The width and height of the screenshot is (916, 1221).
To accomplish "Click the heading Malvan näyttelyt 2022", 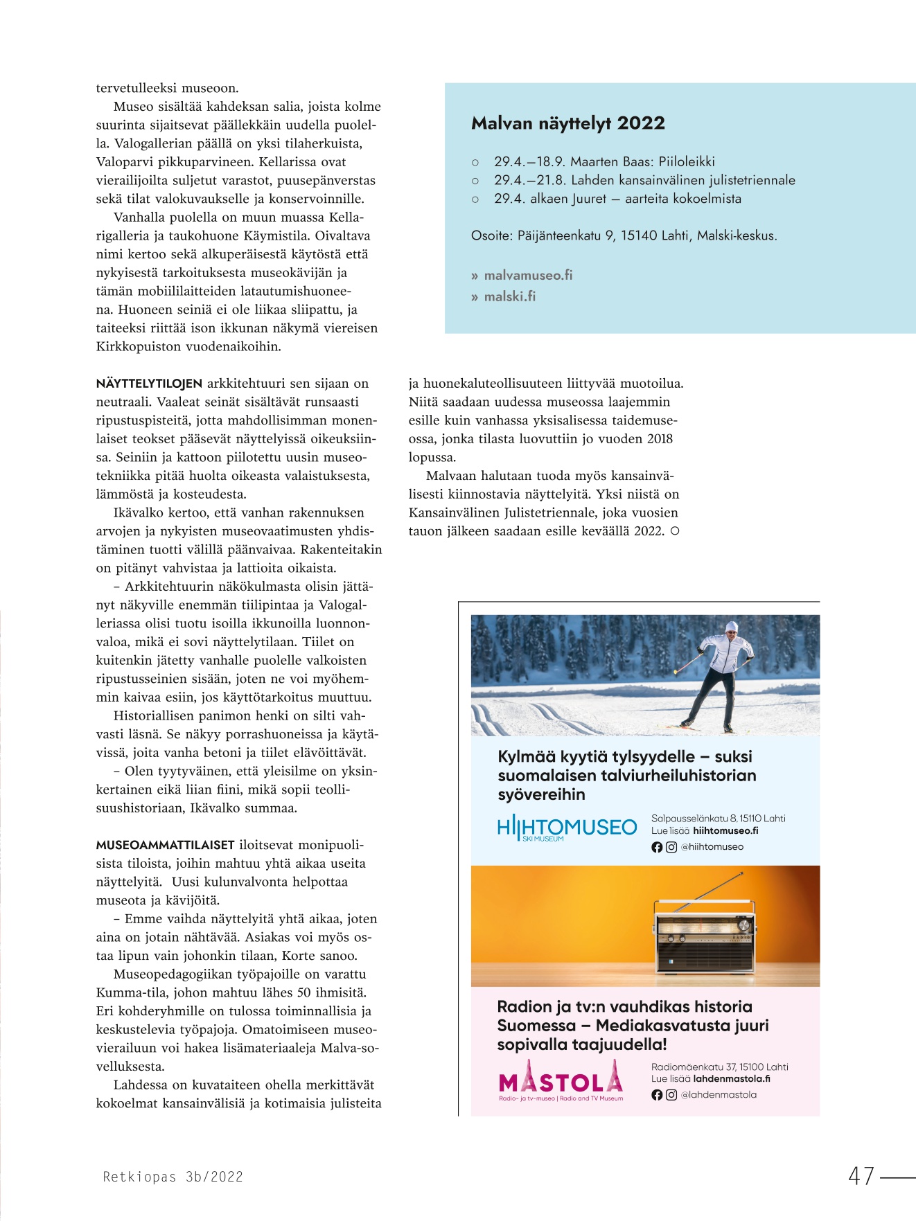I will point(568,123).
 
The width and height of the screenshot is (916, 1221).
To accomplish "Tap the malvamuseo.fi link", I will point(528,275).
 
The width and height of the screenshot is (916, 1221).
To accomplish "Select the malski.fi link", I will point(509,296).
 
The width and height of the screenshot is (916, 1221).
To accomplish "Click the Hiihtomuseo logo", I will point(567,828).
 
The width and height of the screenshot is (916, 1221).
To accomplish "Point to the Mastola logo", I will point(561,1081).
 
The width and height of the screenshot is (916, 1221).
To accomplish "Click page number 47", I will point(861,1176).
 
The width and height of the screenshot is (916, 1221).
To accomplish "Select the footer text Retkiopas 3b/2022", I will point(173,1177).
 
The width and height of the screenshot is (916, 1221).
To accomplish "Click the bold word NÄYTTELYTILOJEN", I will point(149,384).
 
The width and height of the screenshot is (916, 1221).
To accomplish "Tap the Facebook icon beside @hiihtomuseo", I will point(657,847).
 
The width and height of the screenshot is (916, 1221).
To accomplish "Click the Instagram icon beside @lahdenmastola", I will point(671,1095).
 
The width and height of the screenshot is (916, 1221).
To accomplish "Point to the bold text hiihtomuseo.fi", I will point(725,830).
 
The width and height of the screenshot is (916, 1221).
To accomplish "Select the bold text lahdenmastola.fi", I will point(731,1078).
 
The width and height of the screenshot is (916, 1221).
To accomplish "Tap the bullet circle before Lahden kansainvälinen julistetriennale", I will point(475,181).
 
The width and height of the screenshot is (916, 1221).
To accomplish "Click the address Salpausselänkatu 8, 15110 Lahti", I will point(718,818).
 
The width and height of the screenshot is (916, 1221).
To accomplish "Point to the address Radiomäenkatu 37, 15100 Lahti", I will point(719,1067).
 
